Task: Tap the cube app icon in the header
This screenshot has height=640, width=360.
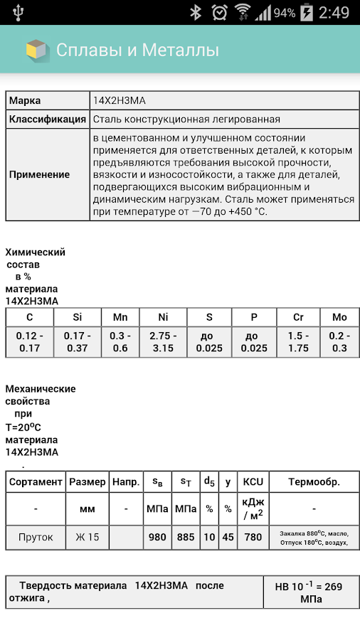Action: point(36,50)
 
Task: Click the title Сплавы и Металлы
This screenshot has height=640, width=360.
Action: point(137,50)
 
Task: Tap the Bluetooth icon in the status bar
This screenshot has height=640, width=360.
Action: point(196,13)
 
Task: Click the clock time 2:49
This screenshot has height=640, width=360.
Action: point(334,13)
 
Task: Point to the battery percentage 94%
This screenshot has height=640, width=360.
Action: point(284,13)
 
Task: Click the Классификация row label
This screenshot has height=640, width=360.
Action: point(48,119)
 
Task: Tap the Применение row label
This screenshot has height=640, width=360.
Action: point(40,174)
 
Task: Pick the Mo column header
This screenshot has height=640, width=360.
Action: point(339,317)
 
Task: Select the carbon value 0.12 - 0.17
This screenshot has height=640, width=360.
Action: point(29,341)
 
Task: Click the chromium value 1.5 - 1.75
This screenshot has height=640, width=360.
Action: point(299,341)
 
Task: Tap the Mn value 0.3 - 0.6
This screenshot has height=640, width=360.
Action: point(120,341)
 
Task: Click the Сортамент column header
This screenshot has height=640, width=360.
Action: point(36,481)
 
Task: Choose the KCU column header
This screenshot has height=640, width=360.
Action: point(253,481)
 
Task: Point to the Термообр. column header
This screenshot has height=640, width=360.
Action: point(314,481)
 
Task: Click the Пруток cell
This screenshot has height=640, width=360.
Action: point(36,537)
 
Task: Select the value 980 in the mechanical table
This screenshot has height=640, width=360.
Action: point(157,537)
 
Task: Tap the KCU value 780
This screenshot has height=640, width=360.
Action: point(253,537)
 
